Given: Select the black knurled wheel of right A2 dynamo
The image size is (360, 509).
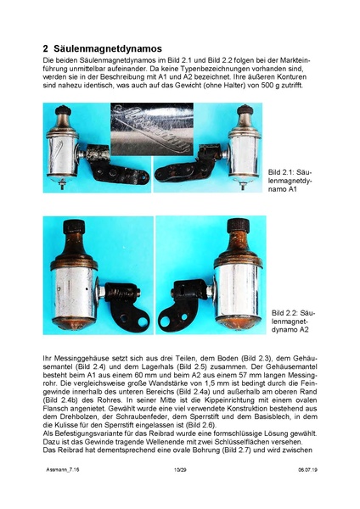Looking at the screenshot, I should [x=239, y=230].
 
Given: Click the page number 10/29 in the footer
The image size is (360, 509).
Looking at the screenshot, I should [x=179, y=490].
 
